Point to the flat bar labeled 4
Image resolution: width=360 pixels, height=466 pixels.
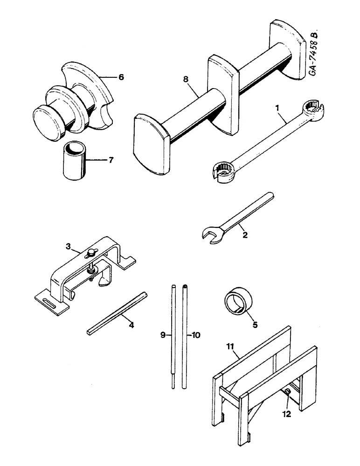pos(117,313)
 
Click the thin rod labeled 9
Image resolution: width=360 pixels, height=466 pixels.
pos(173,336)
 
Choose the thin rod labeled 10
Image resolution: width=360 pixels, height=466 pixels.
pos(185,336)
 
